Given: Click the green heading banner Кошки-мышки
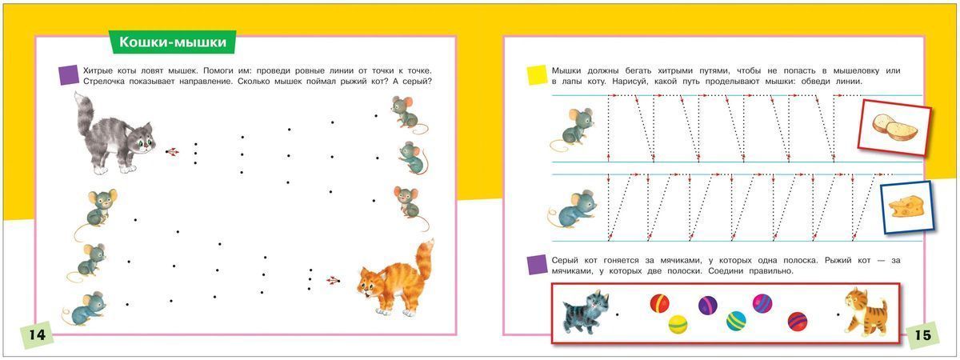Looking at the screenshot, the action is [x=172, y=42].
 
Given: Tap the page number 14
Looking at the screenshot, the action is [x=38, y=334].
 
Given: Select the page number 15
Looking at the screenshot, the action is [x=922, y=334].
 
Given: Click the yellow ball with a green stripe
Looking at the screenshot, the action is [x=678, y=324].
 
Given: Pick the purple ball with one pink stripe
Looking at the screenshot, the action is [x=707, y=306].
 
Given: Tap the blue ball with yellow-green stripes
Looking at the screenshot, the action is [x=736, y=321].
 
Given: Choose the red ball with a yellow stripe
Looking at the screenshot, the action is [x=659, y=303].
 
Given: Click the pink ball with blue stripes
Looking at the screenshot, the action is [x=762, y=303].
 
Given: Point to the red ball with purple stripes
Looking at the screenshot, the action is [x=798, y=322].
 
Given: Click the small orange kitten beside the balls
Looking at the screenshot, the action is [x=865, y=311].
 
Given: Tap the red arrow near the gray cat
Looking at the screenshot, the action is [x=173, y=152].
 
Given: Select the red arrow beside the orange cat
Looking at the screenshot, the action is [x=333, y=281].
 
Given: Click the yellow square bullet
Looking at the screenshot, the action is [x=537, y=75].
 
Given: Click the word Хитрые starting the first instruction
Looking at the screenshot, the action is [x=98, y=70].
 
